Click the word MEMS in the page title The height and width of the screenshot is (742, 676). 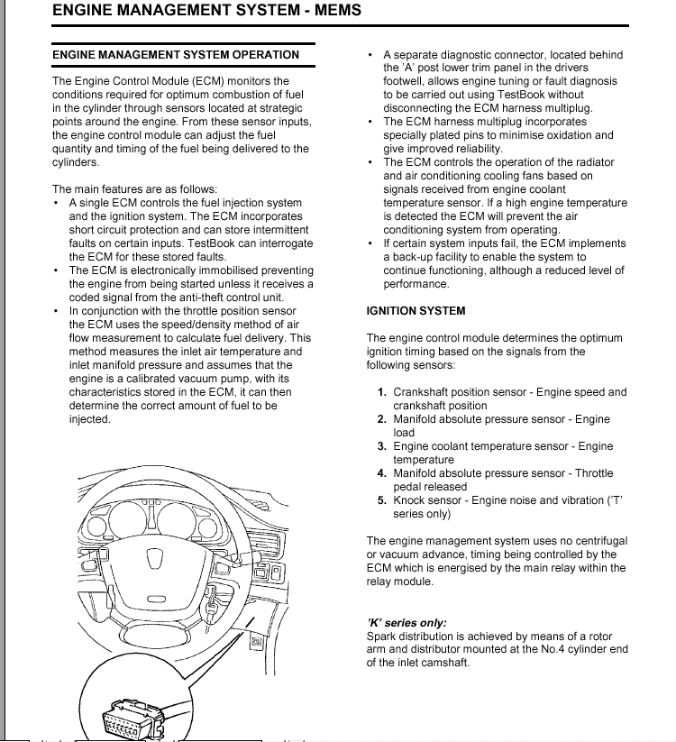point(335,11)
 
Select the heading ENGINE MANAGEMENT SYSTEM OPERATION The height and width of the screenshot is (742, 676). point(176,55)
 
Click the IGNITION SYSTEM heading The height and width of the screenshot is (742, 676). point(416,311)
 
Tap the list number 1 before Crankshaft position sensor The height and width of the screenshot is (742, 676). point(382,392)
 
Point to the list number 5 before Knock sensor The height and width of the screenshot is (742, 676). point(382,500)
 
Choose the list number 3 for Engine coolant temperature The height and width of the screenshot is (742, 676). point(382,446)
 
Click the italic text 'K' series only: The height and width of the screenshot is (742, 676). point(407,623)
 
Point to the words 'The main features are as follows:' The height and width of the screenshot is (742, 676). point(134,189)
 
